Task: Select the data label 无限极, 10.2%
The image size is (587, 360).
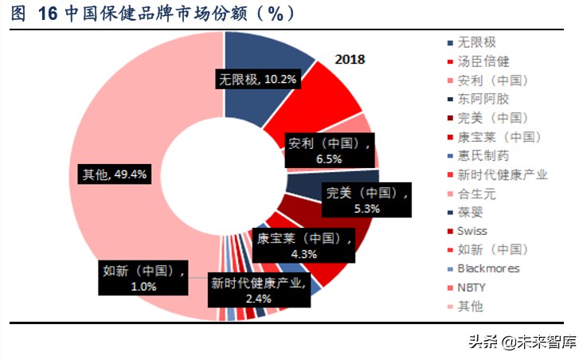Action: [x=258, y=79]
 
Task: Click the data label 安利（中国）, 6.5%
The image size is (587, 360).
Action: [x=328, y=151]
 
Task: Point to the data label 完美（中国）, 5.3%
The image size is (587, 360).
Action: [x=366, y=200]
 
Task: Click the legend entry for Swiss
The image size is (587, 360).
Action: [x=473, y=231]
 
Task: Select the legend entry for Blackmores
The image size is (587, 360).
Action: [x=488, y=268]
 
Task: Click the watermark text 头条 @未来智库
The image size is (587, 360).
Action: [x=521, y=343]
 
